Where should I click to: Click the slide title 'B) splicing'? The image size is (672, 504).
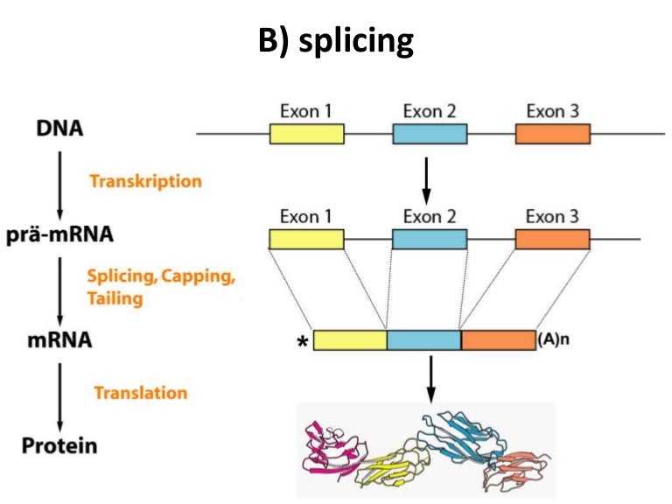point(336,41)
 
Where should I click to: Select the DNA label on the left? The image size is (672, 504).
point(60,129)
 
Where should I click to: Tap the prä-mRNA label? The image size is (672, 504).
point(60,235)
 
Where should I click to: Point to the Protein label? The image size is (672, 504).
point(59,445)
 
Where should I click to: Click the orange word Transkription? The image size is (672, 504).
point(145,181)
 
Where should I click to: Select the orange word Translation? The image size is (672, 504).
point(140,393)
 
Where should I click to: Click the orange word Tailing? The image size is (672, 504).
point(115,298)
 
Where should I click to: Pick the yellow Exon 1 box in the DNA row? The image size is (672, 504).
point(306,133)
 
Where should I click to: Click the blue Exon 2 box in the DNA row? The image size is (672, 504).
point(430,133)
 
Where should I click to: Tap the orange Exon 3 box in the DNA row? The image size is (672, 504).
point(552,133)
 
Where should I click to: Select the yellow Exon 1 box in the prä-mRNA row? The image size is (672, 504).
point(306,239)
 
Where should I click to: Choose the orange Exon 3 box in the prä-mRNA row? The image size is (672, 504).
point(552,239)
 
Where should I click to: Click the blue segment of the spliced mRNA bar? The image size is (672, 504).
point(423,340)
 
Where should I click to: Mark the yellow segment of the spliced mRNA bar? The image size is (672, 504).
point(350,340)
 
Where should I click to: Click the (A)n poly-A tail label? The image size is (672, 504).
point(553,340)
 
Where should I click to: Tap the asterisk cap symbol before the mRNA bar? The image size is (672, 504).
point(302,342)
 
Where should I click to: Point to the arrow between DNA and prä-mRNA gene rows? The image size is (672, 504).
point(424,180)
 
